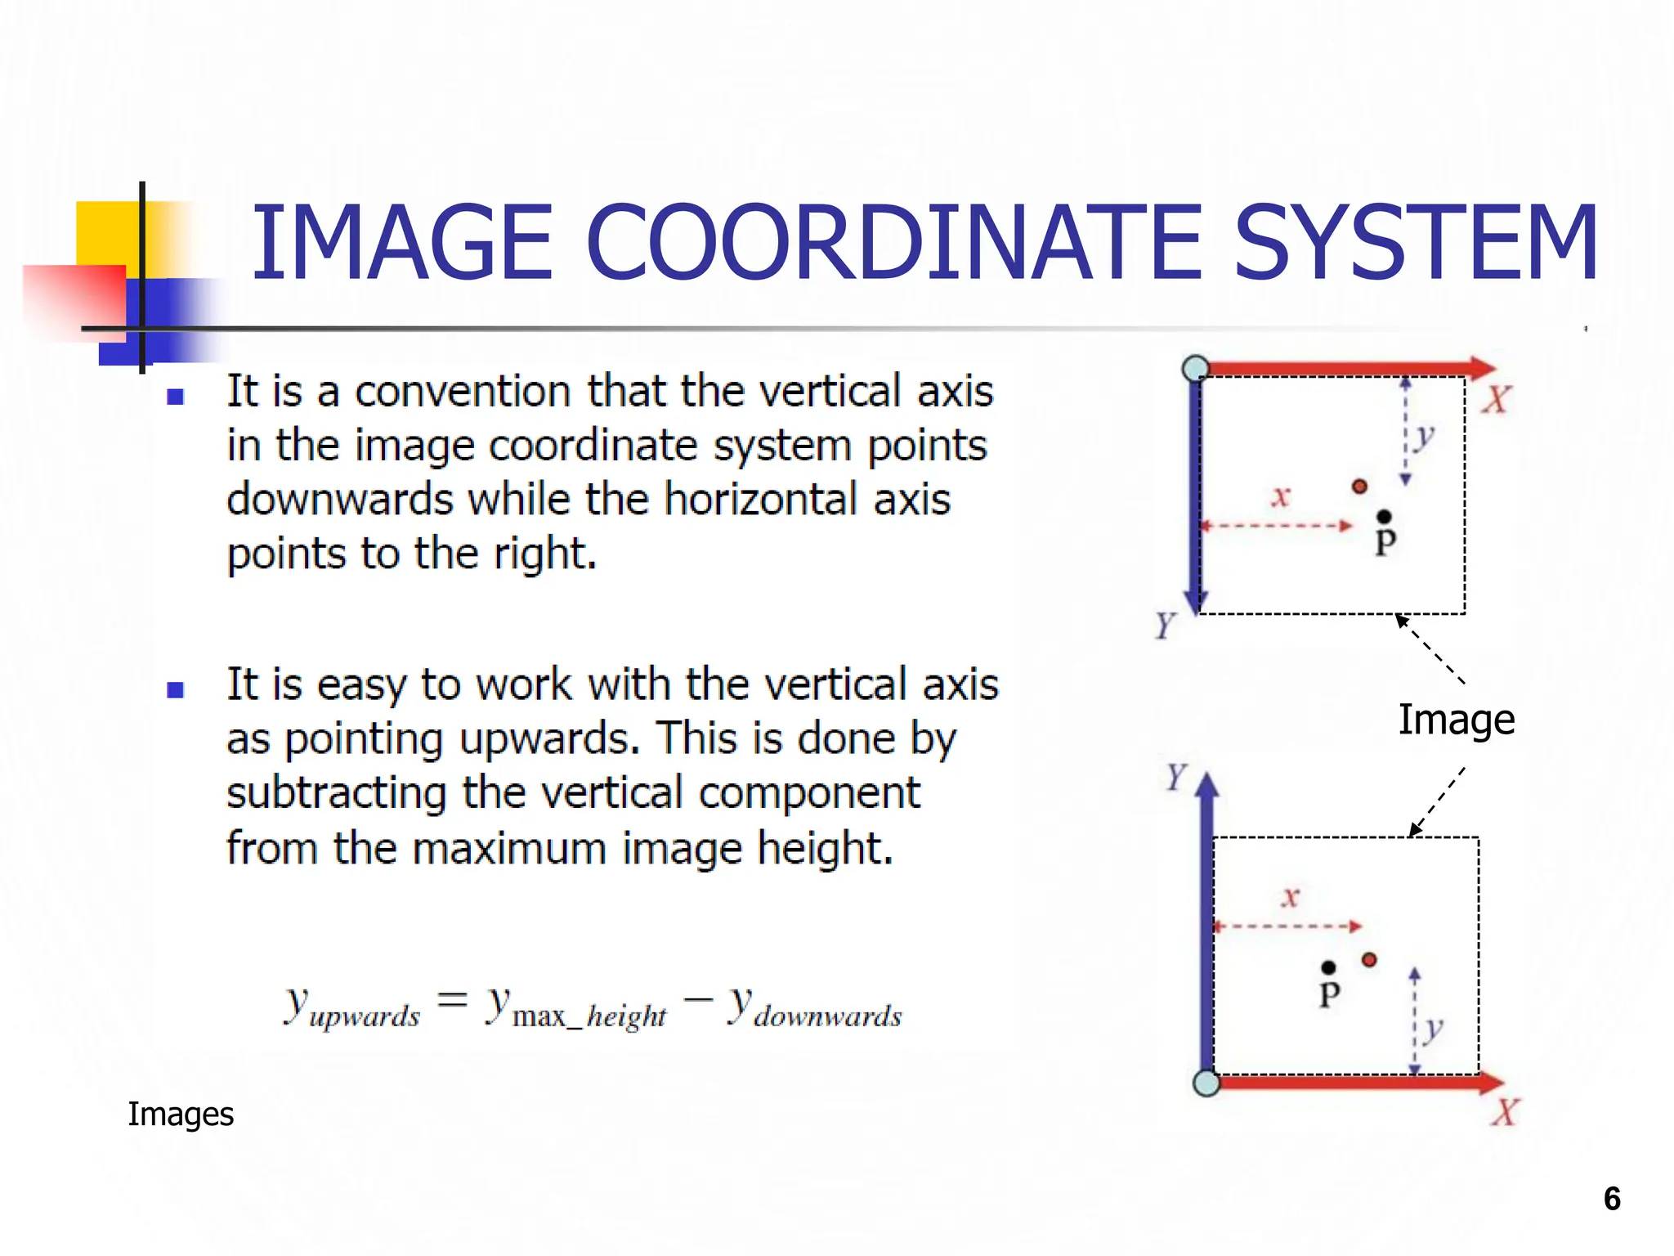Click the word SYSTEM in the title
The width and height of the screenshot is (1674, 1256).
pyautogui.click(x=1416, y=244)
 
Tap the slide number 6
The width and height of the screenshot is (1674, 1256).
pyautogui.click(x=1612, y=1199)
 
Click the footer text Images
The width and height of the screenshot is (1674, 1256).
pyautogui.click(x=181, y=1115)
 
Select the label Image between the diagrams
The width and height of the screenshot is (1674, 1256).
pyautogui.click(x=1456, y=720)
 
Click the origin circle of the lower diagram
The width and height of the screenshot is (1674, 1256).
pyautogui.click(x=1206, y=1083)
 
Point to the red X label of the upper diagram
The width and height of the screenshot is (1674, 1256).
pyautogui.click(x=1497, y=400)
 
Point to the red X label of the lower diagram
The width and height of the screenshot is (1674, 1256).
pyautogui.click(x=1505, y=1113)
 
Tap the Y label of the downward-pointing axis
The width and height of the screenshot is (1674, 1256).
pyautogui.click(x=1165, y=626)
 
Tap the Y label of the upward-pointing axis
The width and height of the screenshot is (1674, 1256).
pyautogui.click(x=1175, y=777)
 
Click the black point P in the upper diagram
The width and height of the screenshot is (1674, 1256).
pyautogui.click(x=1384, y=517)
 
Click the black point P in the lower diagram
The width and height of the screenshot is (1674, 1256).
pyautogui.click(x=1329, y=968)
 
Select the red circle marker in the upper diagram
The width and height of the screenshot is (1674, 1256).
pyautogui.click(x=1359, y=487)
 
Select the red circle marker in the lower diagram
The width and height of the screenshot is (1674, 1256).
pyautogui.click(x=1370, y=960)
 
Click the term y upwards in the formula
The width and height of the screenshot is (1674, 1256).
pyautogui.click(x=351, y=1007)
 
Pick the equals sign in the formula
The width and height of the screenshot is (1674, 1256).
pyautogui.click(x=452, y=999)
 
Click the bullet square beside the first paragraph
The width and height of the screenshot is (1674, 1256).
pyautogui.click(x=175, y=397)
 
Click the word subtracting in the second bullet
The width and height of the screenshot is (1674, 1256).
pyautogui.click(x=337, y=794)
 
